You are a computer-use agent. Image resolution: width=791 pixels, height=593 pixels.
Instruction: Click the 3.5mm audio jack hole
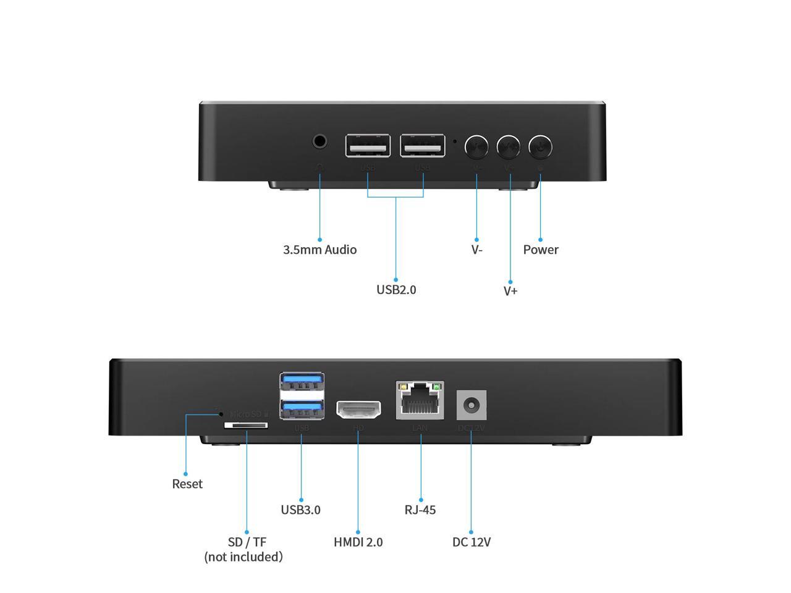tap(319, 141)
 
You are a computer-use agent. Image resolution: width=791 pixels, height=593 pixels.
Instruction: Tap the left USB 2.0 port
tap(368, 146)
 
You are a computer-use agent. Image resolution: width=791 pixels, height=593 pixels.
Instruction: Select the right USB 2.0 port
tap(423, 146)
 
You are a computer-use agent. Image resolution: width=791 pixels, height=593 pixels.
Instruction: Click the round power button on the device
tap(541, 147)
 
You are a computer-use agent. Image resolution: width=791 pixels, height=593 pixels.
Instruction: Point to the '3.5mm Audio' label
tap(319, 250)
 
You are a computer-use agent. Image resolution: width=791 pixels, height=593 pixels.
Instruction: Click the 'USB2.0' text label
tap(396, 289)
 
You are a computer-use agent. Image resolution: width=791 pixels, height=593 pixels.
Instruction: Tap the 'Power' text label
tap(541, 250)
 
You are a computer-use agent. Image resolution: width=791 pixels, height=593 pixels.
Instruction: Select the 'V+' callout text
tap(510, 290)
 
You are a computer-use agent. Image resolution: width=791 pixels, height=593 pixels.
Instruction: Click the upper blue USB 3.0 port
tap(302, 382)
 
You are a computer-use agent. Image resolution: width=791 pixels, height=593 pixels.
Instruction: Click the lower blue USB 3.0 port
tap(302, 408)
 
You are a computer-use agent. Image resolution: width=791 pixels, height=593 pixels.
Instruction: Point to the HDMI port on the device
tap(358, 410)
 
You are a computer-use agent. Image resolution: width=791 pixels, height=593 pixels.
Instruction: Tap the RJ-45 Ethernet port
tap(420, 401)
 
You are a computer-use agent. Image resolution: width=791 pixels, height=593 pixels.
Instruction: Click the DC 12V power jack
tap(471, 406)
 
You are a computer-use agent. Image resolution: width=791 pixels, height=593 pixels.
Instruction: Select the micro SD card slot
tap(246, 426)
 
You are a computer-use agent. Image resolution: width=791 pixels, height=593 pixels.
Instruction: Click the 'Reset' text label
tap(187, 484)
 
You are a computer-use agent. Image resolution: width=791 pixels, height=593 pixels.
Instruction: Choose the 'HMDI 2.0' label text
tap(358, 542)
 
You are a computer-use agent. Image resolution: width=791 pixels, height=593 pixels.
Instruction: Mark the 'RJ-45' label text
tap(420, 510)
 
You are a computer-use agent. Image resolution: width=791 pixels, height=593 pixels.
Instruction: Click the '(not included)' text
tap(243, 557)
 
